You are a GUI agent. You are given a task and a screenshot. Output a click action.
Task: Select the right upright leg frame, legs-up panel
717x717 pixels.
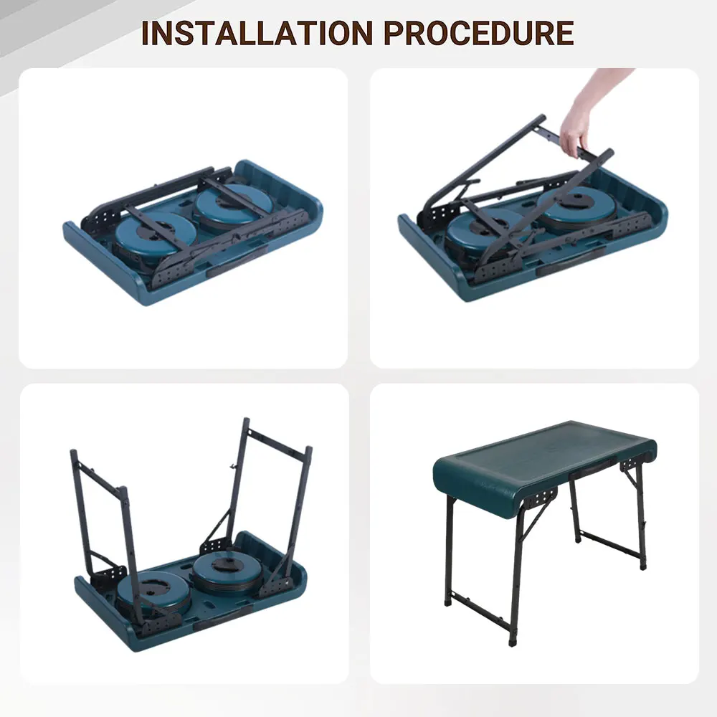(276, 495)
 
